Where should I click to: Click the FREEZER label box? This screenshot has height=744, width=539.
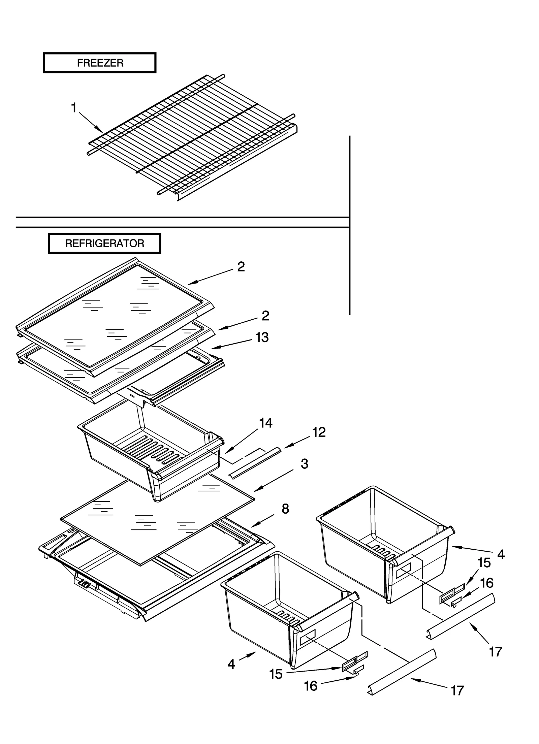coord(99,63)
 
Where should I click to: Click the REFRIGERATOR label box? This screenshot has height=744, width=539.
coord(104,244)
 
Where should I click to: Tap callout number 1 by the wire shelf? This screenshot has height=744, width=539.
coord(74,108)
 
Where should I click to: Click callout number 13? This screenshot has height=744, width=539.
coord(262,337)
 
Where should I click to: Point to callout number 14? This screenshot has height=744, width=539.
coord(265,423)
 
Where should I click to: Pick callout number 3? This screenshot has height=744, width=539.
coord(304,464)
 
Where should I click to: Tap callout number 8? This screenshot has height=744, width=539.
coord(285,509)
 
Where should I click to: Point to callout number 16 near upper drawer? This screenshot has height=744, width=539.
coord(486,583)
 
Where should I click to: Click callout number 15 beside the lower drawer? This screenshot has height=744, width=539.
coord(276,674)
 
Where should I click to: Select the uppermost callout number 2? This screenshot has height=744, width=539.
coord(241,267)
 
